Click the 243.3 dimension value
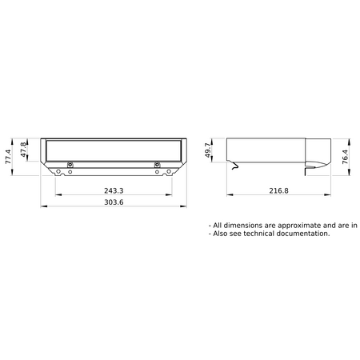tap(114, 190)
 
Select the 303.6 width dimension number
tap(114, 202)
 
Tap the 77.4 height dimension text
tap(8, 157)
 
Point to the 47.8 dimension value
tap(23, 150)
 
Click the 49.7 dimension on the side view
tap(208, 150)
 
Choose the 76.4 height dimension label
tap(345, 157)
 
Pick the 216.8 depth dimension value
tap(278, 190)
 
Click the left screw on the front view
tap(70, 165)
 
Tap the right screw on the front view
tap(157, 165)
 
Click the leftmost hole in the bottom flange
tap(58, 171)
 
